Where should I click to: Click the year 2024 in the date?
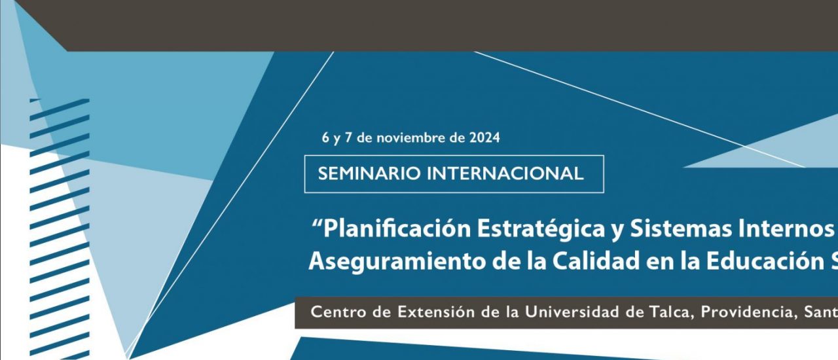485,137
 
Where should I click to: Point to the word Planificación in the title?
397,229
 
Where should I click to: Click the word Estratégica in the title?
541,229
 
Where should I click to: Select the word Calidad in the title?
596,261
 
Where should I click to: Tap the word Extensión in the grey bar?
436,312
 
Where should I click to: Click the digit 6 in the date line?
325,137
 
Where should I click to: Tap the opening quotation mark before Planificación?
317,223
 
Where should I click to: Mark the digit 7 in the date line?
348,137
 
